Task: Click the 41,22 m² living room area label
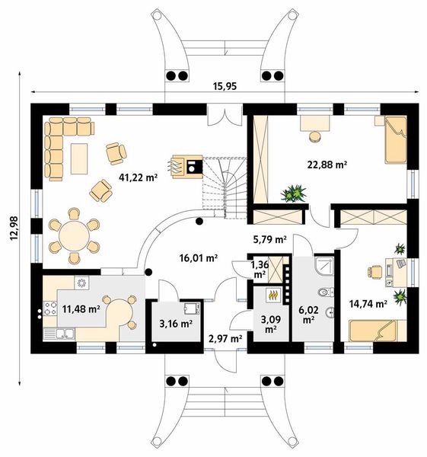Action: point(138,177)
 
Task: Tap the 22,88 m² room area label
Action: point(327,165)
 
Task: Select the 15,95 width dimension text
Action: point(225,86)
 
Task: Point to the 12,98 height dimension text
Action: point(14,228)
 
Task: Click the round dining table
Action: point(74,236)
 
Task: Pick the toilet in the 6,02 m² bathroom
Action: point(325,292)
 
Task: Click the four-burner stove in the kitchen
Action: point(49,308)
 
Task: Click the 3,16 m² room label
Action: point(176,323)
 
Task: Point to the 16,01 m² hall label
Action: point(199,257)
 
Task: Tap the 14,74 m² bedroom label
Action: point(368,304)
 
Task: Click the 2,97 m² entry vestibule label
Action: point(225,339)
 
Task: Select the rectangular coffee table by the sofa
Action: point(79,158)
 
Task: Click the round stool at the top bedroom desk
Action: point(315,137)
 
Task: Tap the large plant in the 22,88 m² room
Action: point(294,193)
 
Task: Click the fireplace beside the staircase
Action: point(187,166)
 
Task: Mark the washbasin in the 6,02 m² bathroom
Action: point(330,312)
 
